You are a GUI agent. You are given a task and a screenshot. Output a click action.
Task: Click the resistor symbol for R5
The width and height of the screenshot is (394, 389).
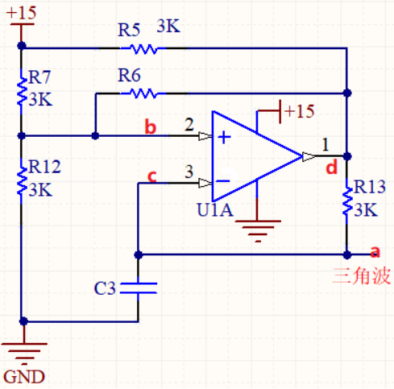coord(144,49)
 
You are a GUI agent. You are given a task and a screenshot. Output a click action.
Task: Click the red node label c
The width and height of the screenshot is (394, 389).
coord(150,174)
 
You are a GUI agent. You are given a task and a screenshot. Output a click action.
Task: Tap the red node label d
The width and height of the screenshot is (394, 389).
coord(331,168)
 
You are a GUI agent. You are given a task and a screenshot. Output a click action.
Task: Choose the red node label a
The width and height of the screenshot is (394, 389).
coord(374,251)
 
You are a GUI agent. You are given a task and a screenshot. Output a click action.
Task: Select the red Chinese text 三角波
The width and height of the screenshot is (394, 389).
coord(362,276)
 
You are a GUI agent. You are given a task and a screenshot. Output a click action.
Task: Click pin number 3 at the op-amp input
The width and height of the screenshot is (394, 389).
coord(189,172)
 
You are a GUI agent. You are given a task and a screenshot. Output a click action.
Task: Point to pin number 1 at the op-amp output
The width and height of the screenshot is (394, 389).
coord(325,145)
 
